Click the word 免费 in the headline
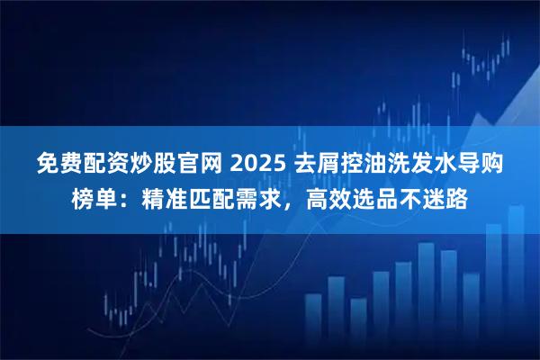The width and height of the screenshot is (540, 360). [x=59, y=165]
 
